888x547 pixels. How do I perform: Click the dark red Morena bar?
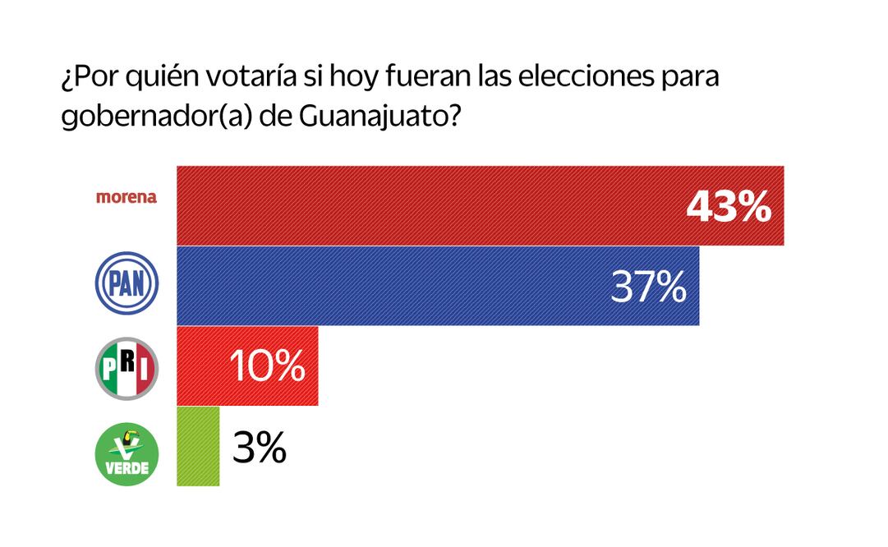[x=427, y=205]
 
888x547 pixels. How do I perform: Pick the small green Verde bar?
[x=198, y=446]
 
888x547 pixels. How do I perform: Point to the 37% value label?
[x=649, y=287]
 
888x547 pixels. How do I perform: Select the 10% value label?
[x=266, y=366]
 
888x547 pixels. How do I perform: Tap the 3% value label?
[x=260, y=448]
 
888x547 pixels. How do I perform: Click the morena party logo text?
[x=126, y=198]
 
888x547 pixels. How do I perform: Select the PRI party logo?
[x=127, y=366]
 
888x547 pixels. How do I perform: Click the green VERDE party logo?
[x=127, y=451]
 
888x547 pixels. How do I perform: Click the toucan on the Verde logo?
[x=128, y=436]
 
